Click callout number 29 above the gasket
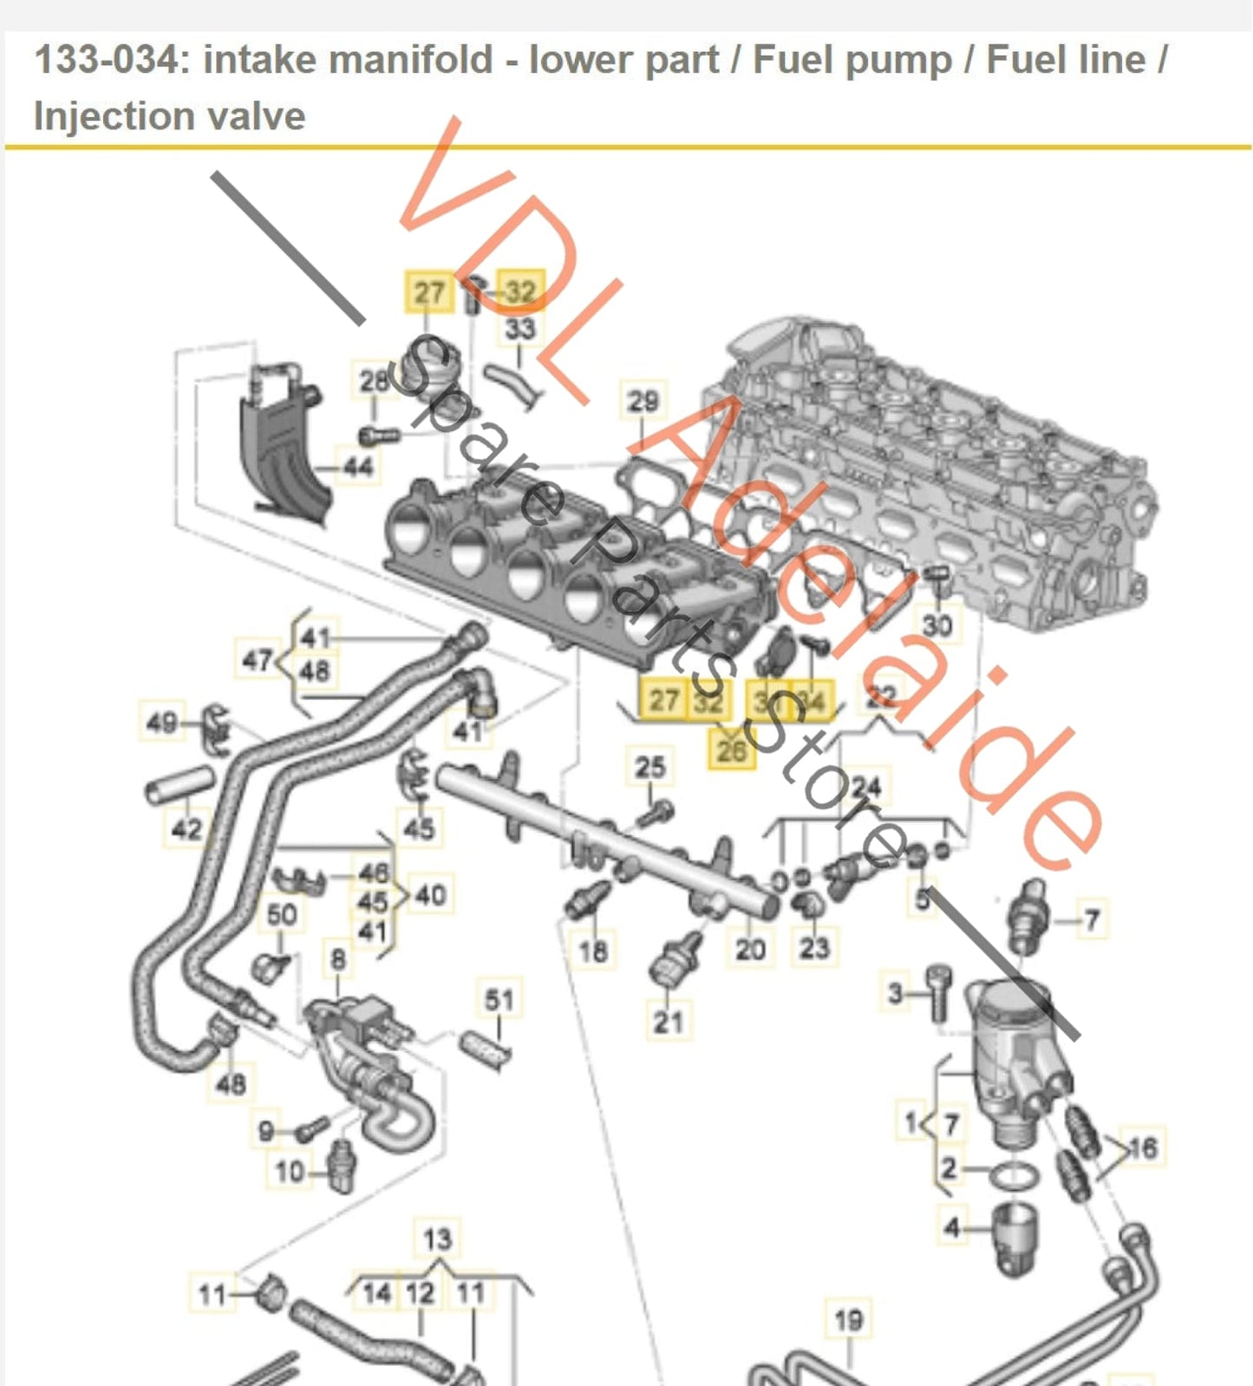(643, 401)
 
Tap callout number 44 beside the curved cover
(357, 467)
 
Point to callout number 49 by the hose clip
(162, 722)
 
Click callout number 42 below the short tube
(186, 828)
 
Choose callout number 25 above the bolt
(649, 767)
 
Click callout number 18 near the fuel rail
(593, 951)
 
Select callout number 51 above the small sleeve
(499, 1000)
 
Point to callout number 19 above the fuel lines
(848, 1320)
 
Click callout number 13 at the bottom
(437, 1239)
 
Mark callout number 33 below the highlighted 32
(520, 329)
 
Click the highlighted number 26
(732, 749)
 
